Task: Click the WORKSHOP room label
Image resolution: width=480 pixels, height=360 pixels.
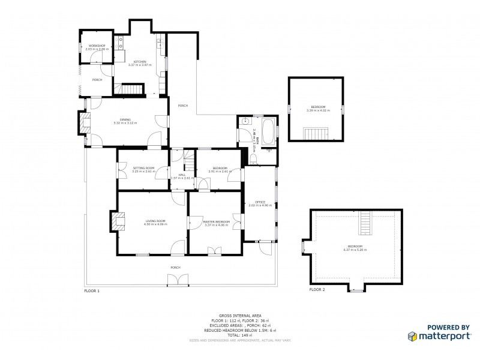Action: (x=97, y=46)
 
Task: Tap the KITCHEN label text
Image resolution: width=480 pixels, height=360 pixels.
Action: (x=140, y=62)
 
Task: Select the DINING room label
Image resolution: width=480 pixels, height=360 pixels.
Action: (x=125, y=120)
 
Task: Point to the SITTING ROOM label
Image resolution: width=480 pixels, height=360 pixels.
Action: (x=143, y=168)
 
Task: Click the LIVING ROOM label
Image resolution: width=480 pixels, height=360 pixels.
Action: (x=155, y=221)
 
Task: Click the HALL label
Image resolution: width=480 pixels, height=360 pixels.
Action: (x=181, y=175)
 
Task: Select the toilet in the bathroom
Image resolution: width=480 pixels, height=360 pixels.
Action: (x=253, y=158)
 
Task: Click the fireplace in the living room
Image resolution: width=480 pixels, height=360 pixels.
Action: (x=118, y=221)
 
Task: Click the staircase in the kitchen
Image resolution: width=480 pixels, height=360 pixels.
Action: (x=133, y=89)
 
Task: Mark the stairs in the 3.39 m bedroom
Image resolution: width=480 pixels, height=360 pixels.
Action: (x=314, y=133)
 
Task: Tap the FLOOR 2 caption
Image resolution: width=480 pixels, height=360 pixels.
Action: (x=317, y=290)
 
